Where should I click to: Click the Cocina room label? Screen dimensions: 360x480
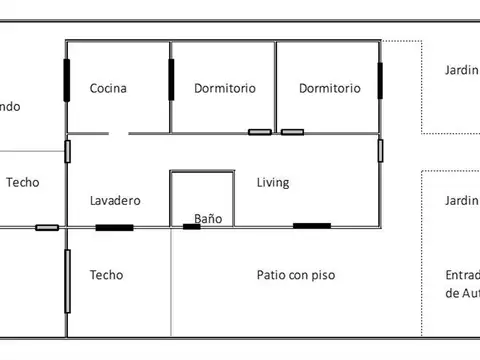108,88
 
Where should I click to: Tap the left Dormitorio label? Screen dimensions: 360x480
225,88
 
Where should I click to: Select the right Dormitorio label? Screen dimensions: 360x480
329,88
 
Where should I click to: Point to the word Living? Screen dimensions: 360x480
273,183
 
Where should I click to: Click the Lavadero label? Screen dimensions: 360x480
115,200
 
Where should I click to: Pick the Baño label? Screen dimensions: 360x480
208,217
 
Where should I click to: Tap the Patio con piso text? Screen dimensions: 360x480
296,273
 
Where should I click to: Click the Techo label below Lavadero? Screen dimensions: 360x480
106,273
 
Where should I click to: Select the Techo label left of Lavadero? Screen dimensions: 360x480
22,183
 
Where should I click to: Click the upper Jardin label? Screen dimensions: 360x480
461,70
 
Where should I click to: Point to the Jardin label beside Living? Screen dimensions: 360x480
461,201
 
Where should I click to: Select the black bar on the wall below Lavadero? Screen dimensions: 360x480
114,228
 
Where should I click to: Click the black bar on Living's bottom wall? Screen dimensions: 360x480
312,226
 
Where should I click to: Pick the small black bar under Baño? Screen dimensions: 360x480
192,227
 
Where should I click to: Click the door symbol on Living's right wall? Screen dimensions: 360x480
381,150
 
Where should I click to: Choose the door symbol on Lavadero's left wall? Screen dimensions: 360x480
67,151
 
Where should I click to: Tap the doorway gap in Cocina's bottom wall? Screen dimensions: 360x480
119,132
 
